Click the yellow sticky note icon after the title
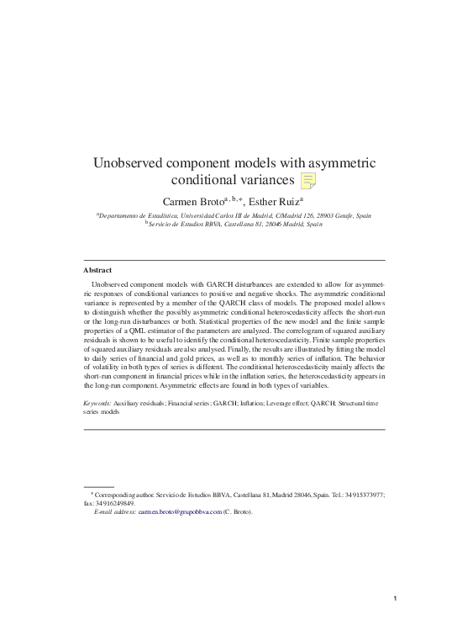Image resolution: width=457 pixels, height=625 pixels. (308, 180)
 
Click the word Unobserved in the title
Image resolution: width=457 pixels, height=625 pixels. (129, 162)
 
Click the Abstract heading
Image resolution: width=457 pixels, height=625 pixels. (97, 271)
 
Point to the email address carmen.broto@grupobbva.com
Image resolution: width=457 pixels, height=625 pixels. (180, 511)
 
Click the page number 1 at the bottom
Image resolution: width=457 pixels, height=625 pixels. (393, 598)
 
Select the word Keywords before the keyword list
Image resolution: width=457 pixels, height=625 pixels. (97, 404)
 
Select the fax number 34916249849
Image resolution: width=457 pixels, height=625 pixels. (114, 503)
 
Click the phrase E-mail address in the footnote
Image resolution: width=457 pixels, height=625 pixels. (115, 511)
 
